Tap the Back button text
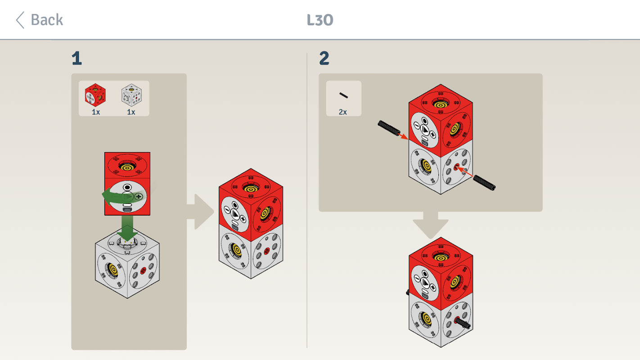47,20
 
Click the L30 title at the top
320,20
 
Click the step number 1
77,58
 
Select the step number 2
325,58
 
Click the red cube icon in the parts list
95,95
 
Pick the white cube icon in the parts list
131,95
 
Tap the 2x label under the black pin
343,112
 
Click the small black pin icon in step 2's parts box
343,95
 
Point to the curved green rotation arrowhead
108,196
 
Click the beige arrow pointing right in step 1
201,211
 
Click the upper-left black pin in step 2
389,128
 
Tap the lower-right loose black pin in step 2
484,183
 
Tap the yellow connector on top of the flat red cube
127,166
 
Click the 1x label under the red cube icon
96,112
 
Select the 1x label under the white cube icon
131,112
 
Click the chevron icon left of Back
20,20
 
